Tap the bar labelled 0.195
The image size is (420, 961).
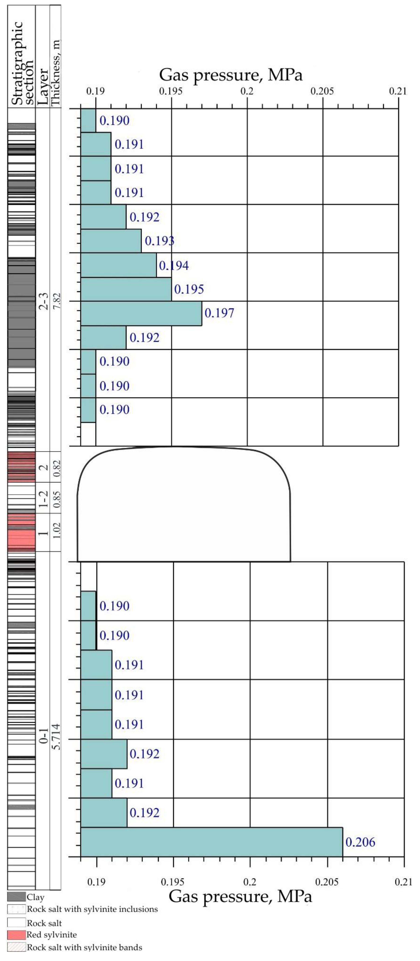coord(126,289)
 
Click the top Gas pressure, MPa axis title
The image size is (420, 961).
coord(230,75)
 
